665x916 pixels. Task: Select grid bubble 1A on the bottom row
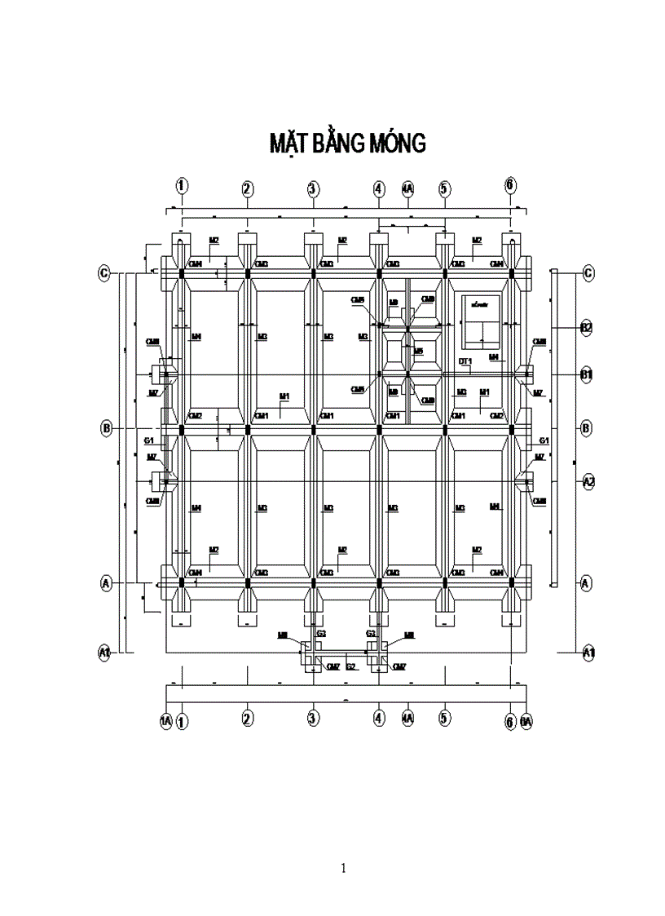point(166,721)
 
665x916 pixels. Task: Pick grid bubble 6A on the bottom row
point(526,721)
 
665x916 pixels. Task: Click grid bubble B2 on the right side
point(586,328)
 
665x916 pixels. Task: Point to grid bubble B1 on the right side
point(586,374)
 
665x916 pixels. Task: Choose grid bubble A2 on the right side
point(588,482)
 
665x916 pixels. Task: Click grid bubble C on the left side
point(104,273)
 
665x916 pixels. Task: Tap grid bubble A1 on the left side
point(104,652)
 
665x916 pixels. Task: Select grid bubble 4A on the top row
point(407,189)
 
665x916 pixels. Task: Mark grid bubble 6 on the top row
point(510,184)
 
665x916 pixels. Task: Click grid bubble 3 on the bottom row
point(313,718)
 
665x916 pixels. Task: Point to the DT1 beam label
point(465,361)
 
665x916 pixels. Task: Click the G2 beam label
point(351,666)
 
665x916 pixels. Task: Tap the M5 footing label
point(418,352)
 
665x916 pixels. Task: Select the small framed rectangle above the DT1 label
point(480,320)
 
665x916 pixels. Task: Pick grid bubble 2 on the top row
point(247,189)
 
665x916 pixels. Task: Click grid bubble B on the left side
point(106,428)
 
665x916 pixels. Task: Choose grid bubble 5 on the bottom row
point(444,718)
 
